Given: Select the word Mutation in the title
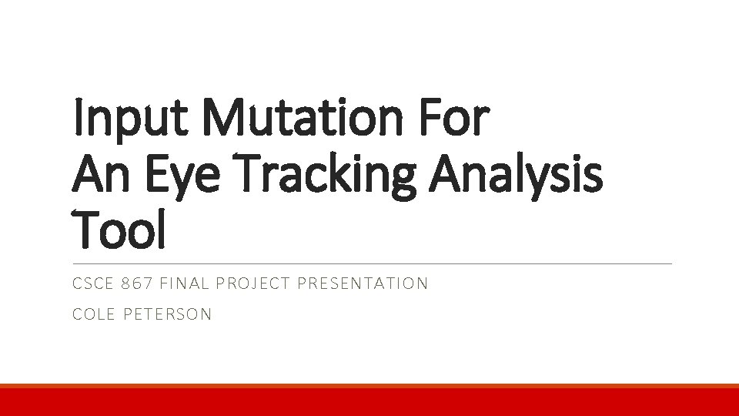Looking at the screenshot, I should (298, 119).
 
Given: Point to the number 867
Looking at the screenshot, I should (138, 283).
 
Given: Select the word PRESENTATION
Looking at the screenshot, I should (363, 283).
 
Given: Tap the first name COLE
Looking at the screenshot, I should (94, 314).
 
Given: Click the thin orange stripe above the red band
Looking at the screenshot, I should (369, 386).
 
